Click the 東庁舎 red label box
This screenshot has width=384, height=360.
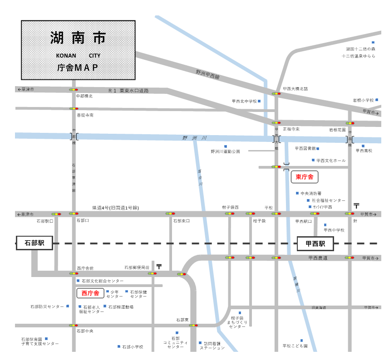[304, 177]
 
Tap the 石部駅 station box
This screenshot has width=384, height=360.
[34, 243]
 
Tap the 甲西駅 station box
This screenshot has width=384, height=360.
[315, 243]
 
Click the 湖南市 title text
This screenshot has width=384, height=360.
[78, 38]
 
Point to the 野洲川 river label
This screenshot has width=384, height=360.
[195, 138]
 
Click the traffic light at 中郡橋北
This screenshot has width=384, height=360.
[74, 90]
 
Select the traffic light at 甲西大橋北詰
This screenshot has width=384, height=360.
[276, 94]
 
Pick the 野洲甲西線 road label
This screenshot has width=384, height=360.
[207, 74]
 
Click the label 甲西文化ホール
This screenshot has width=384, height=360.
[331, 161]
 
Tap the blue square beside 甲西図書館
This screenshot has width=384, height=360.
[318, 149]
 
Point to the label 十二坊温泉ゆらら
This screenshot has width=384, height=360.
[359, 56]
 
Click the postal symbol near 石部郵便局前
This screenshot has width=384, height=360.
[159, 267]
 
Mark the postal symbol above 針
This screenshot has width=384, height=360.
[356, 206]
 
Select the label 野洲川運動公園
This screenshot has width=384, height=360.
[225, 151]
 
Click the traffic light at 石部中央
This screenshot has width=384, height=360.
[74, 325]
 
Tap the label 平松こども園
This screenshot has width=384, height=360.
[295, 346]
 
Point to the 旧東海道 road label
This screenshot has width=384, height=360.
[319, 308]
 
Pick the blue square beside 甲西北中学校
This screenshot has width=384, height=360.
[259, 101]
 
